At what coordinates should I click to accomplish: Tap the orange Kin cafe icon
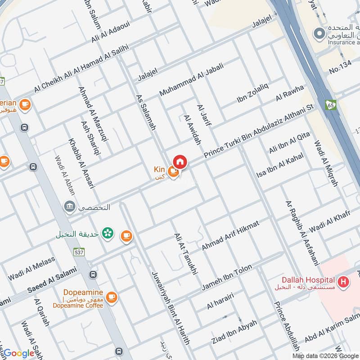(173, 171)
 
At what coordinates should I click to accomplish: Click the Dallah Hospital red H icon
(344, 282)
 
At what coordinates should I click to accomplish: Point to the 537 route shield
(79, 253)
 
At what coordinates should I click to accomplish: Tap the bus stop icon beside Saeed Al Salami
(93, 274)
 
